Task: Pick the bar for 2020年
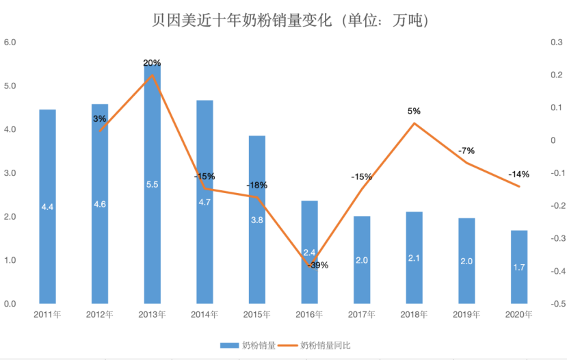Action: pyautogui.click(x=519, y=267)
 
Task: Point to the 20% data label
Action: pyautogui.click(x=152, y=63)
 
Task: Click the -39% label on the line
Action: pyautogui.click(x=319, y=265)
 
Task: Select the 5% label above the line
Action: pyautogui.click(x=414, y=111)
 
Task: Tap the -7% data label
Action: pyautogui.click(x=466, y=151)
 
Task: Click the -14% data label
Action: pyautogui.click(x=519, y=174)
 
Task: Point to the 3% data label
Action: pyautogui.click(x=100, y=118)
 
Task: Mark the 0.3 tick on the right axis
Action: pyautogui.click(x=555, y=42)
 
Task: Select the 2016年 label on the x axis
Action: pyautogui.click(x=309, y=315)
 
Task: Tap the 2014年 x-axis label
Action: pyautogui.click(x=205, y=315)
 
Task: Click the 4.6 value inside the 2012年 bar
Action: pyautogui.click(x=100, y=204)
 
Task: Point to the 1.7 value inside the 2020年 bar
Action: pyautogui.click(x=519, y=268)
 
